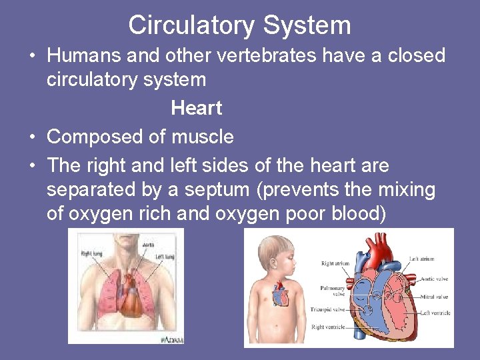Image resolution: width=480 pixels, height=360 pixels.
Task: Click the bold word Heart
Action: coord(196,108)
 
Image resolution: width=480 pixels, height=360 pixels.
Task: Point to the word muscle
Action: coord(203,137)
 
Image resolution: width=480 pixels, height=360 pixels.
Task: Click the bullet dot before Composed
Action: coord(32,137)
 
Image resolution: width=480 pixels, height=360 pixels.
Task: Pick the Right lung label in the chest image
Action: coord(92,253)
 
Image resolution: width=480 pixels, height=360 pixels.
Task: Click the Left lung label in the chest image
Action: coord(165,257)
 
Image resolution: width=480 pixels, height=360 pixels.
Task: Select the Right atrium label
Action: coord(335,263)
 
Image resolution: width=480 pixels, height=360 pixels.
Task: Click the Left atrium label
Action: coord(423,259)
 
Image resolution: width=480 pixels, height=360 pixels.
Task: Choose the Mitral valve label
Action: coord(434,297)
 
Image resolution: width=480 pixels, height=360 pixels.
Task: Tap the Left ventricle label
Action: coord(435,312)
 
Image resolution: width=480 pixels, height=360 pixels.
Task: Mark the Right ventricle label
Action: coord(328,327)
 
